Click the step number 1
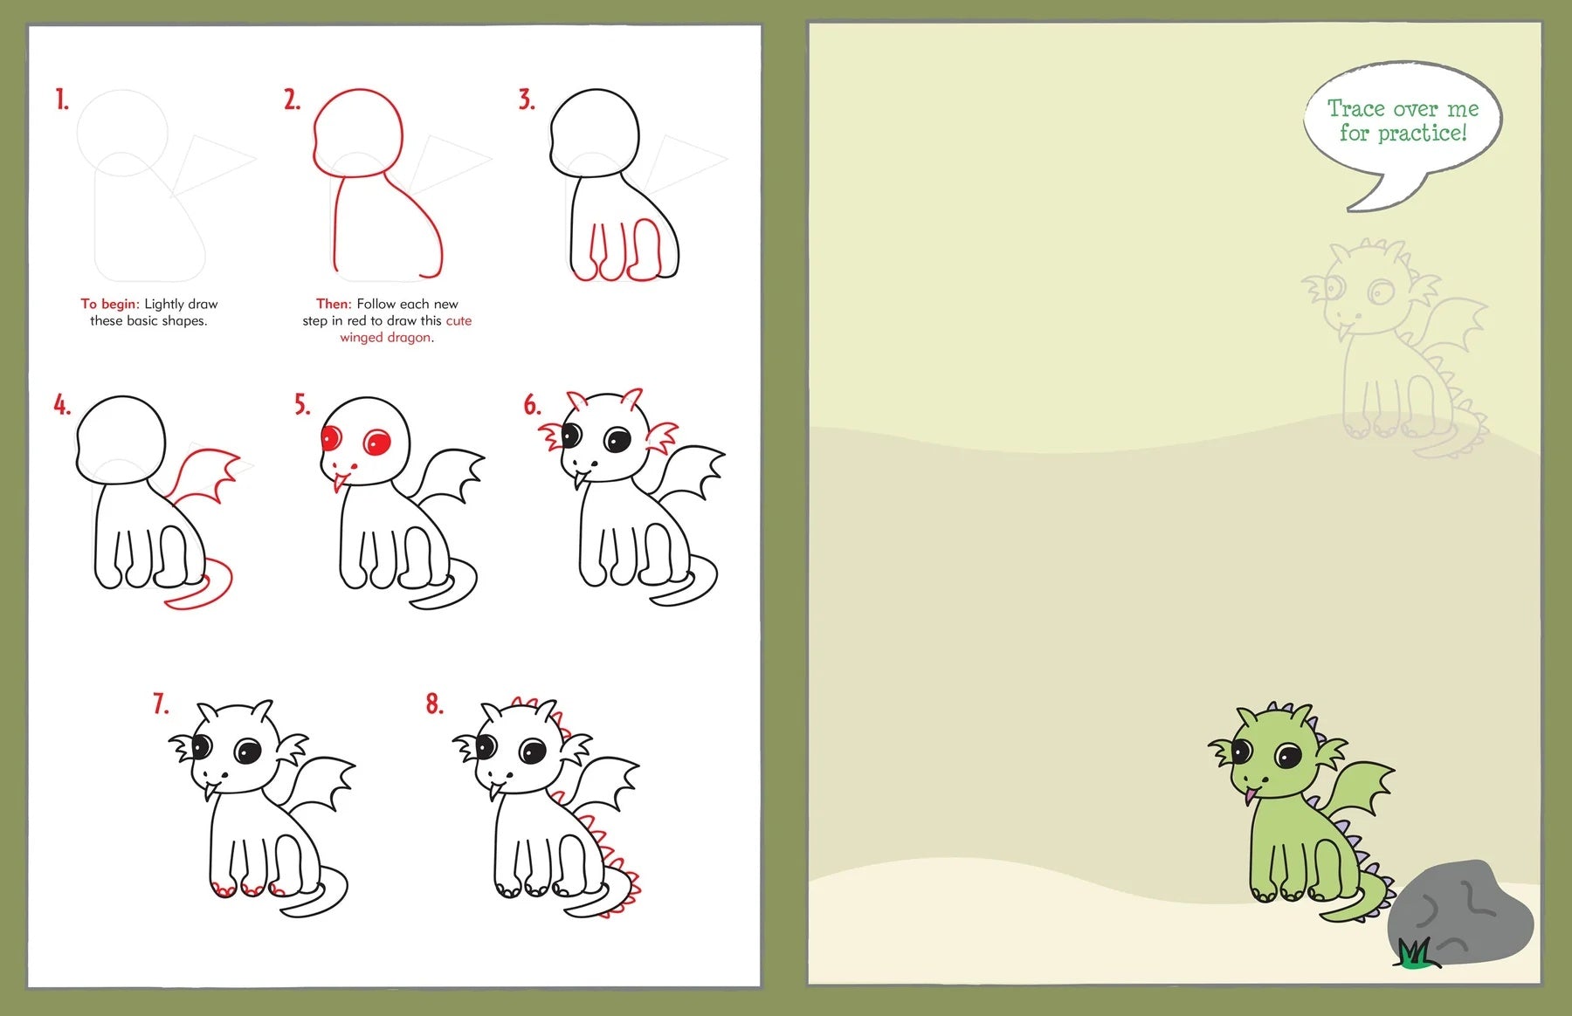[x=61, y=100]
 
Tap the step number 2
[x=292, y=100]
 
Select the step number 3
[x=526, y=100]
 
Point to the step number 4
[x=61, y=405]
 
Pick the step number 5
[x=301, y=405]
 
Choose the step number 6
[x=532, y=405]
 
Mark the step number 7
[x=161, y=704]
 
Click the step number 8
[x=434, y=704]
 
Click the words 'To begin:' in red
[x=110, y=304]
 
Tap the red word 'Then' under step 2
[x=332, y=304]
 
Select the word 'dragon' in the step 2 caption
[x=410, y=338]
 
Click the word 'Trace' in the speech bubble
[x=1355, y=109]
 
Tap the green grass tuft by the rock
[x=1415, y=954]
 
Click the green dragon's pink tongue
[x=1251, y=793]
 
